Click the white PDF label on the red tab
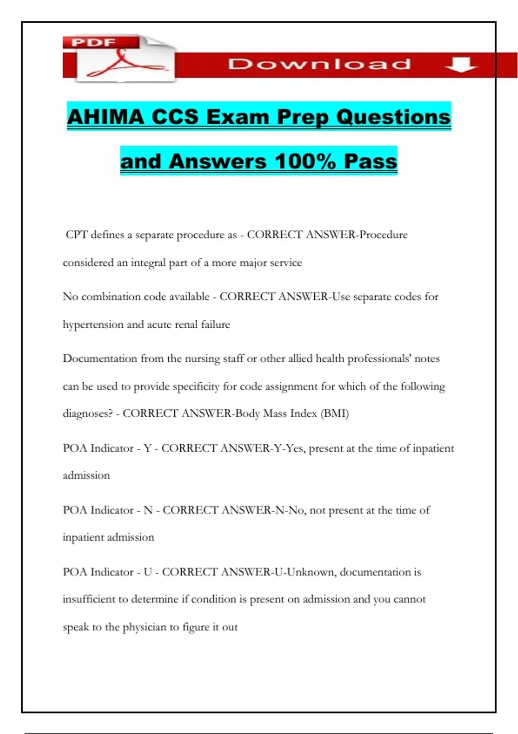[94, 42]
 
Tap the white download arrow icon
[461, 64]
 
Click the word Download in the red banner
[319, 64]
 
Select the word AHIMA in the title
[106, 117]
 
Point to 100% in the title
[305, 161]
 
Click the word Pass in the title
[370, 161]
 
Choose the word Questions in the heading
[393, 117]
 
